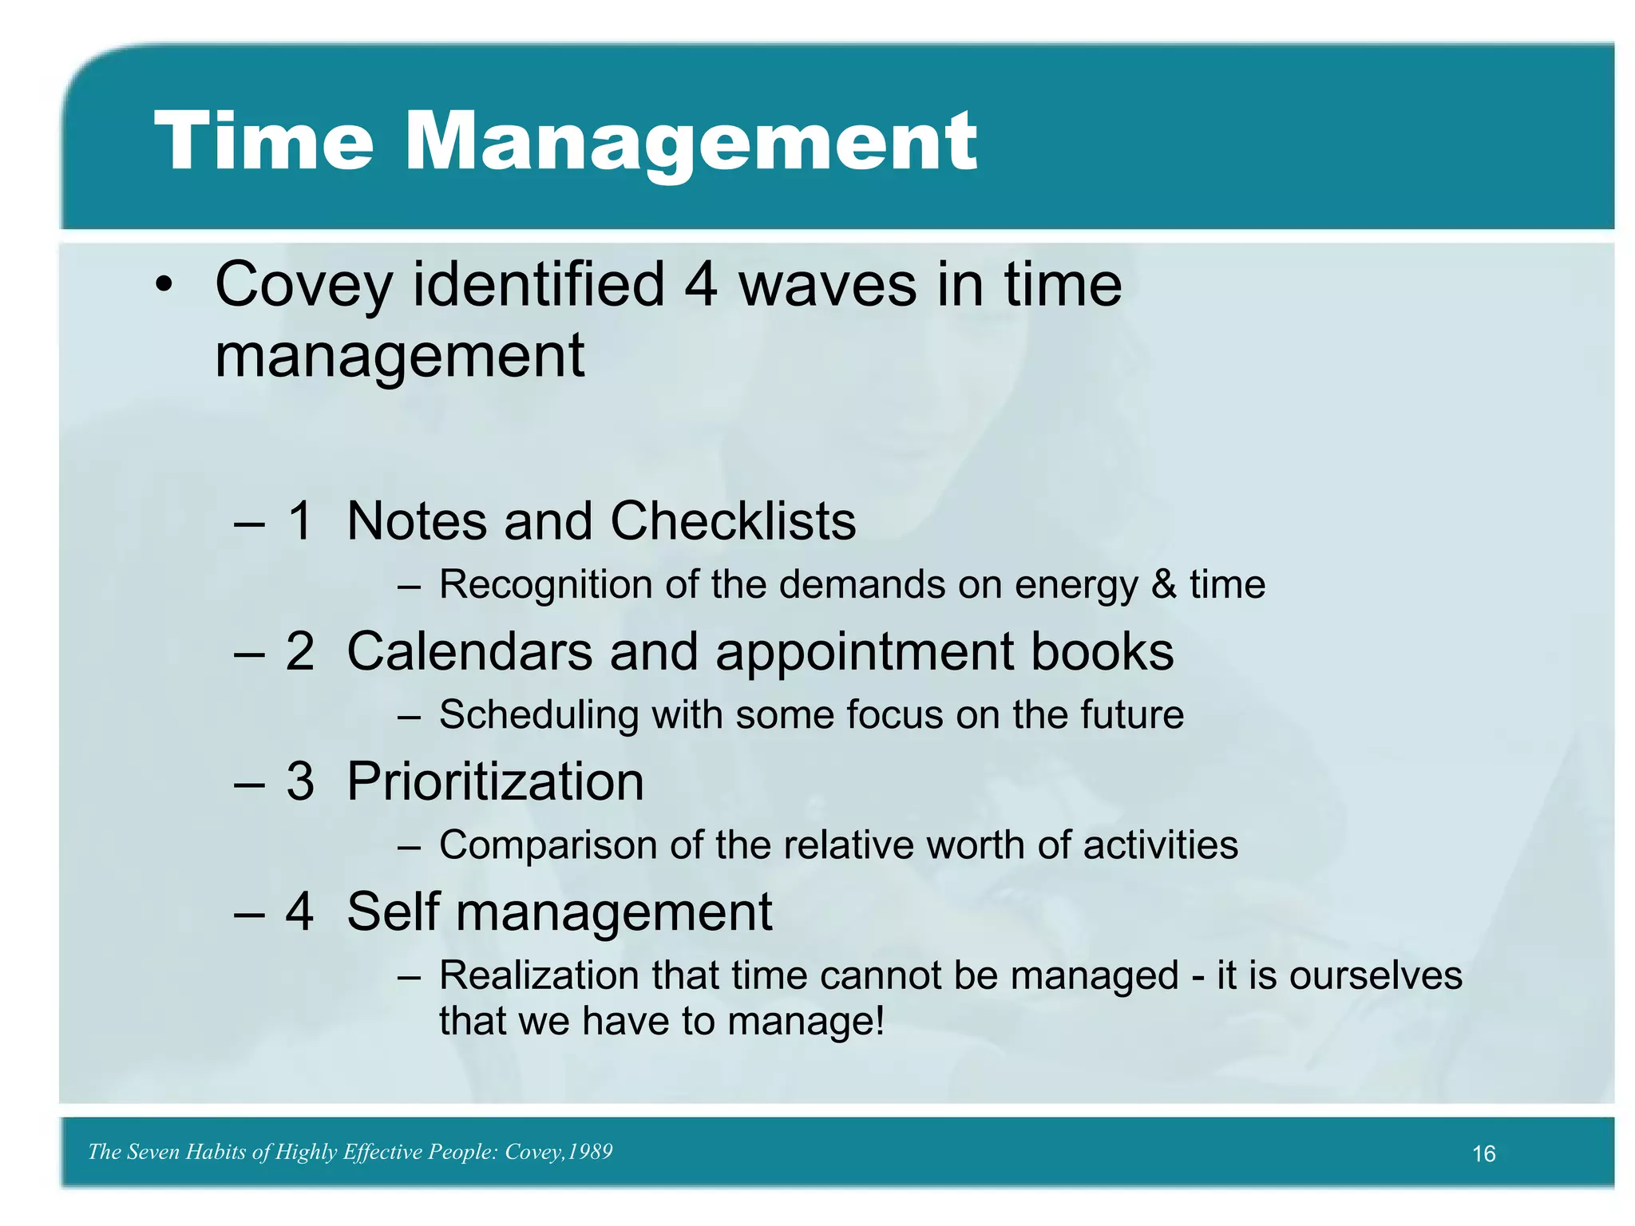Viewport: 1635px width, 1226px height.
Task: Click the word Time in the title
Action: pos(263,141)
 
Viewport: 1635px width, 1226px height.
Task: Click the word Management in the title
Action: pos(691,144)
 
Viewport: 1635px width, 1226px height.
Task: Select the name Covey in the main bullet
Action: pos(303,286)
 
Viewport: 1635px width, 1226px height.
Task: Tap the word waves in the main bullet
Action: pos(827,286)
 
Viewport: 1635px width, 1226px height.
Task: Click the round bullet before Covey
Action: pos(164,286)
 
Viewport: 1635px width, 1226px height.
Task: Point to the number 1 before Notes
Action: pos(300,521)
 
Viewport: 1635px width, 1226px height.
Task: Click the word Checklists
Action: pos(733,521)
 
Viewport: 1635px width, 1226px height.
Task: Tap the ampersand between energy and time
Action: pos(1163,584)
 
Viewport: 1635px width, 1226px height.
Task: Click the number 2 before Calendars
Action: pos(300,651)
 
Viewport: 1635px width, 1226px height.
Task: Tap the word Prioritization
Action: pos(495,781)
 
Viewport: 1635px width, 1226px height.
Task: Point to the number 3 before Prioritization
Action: pos(300,781)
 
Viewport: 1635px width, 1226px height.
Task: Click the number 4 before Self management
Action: pos(300,912)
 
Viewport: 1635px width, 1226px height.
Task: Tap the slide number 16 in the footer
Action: pos(1483,1154)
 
